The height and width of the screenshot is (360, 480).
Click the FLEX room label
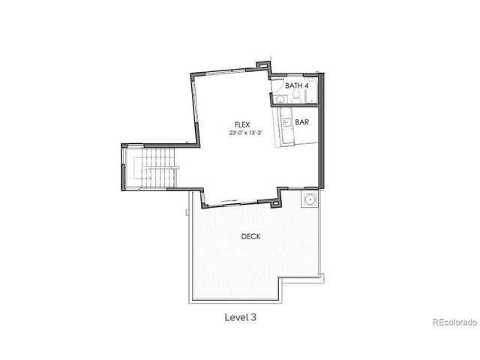pos(241,124)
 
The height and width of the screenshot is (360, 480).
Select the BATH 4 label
pos(296,86)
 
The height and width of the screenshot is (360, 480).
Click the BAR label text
pos(302,121)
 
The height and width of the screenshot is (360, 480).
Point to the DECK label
pos(250,236)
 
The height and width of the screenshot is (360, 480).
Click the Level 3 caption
pos(240,317)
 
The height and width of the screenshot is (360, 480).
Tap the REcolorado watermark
pos(454,323)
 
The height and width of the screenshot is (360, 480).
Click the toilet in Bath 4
pos(295,97)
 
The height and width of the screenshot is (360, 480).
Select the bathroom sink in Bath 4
pos(280,100)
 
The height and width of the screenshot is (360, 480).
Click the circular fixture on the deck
pos(308,199)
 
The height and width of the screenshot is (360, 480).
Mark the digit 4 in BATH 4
pos(306,86)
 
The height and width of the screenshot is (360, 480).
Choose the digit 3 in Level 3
pos(254,317)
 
